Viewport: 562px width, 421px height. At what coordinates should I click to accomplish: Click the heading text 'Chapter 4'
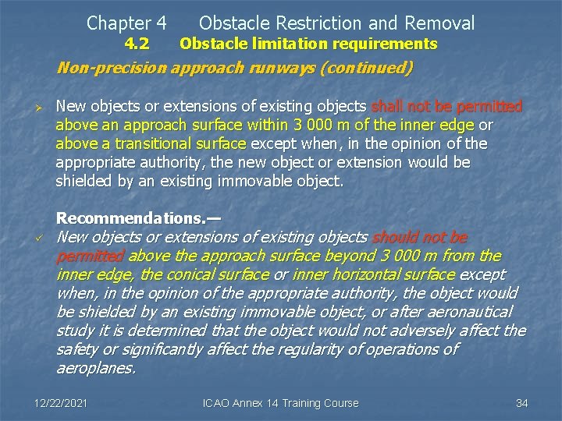pyautogui.click(x=126, y=23)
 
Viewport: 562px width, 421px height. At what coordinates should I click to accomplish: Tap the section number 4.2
pyautogui.click(x=137, y=44)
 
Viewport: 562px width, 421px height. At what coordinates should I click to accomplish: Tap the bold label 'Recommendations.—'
pyautogui.click(x=138, y=218)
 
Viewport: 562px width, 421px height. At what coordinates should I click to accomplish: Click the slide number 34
pyautogui.click(x=522, y=403)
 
